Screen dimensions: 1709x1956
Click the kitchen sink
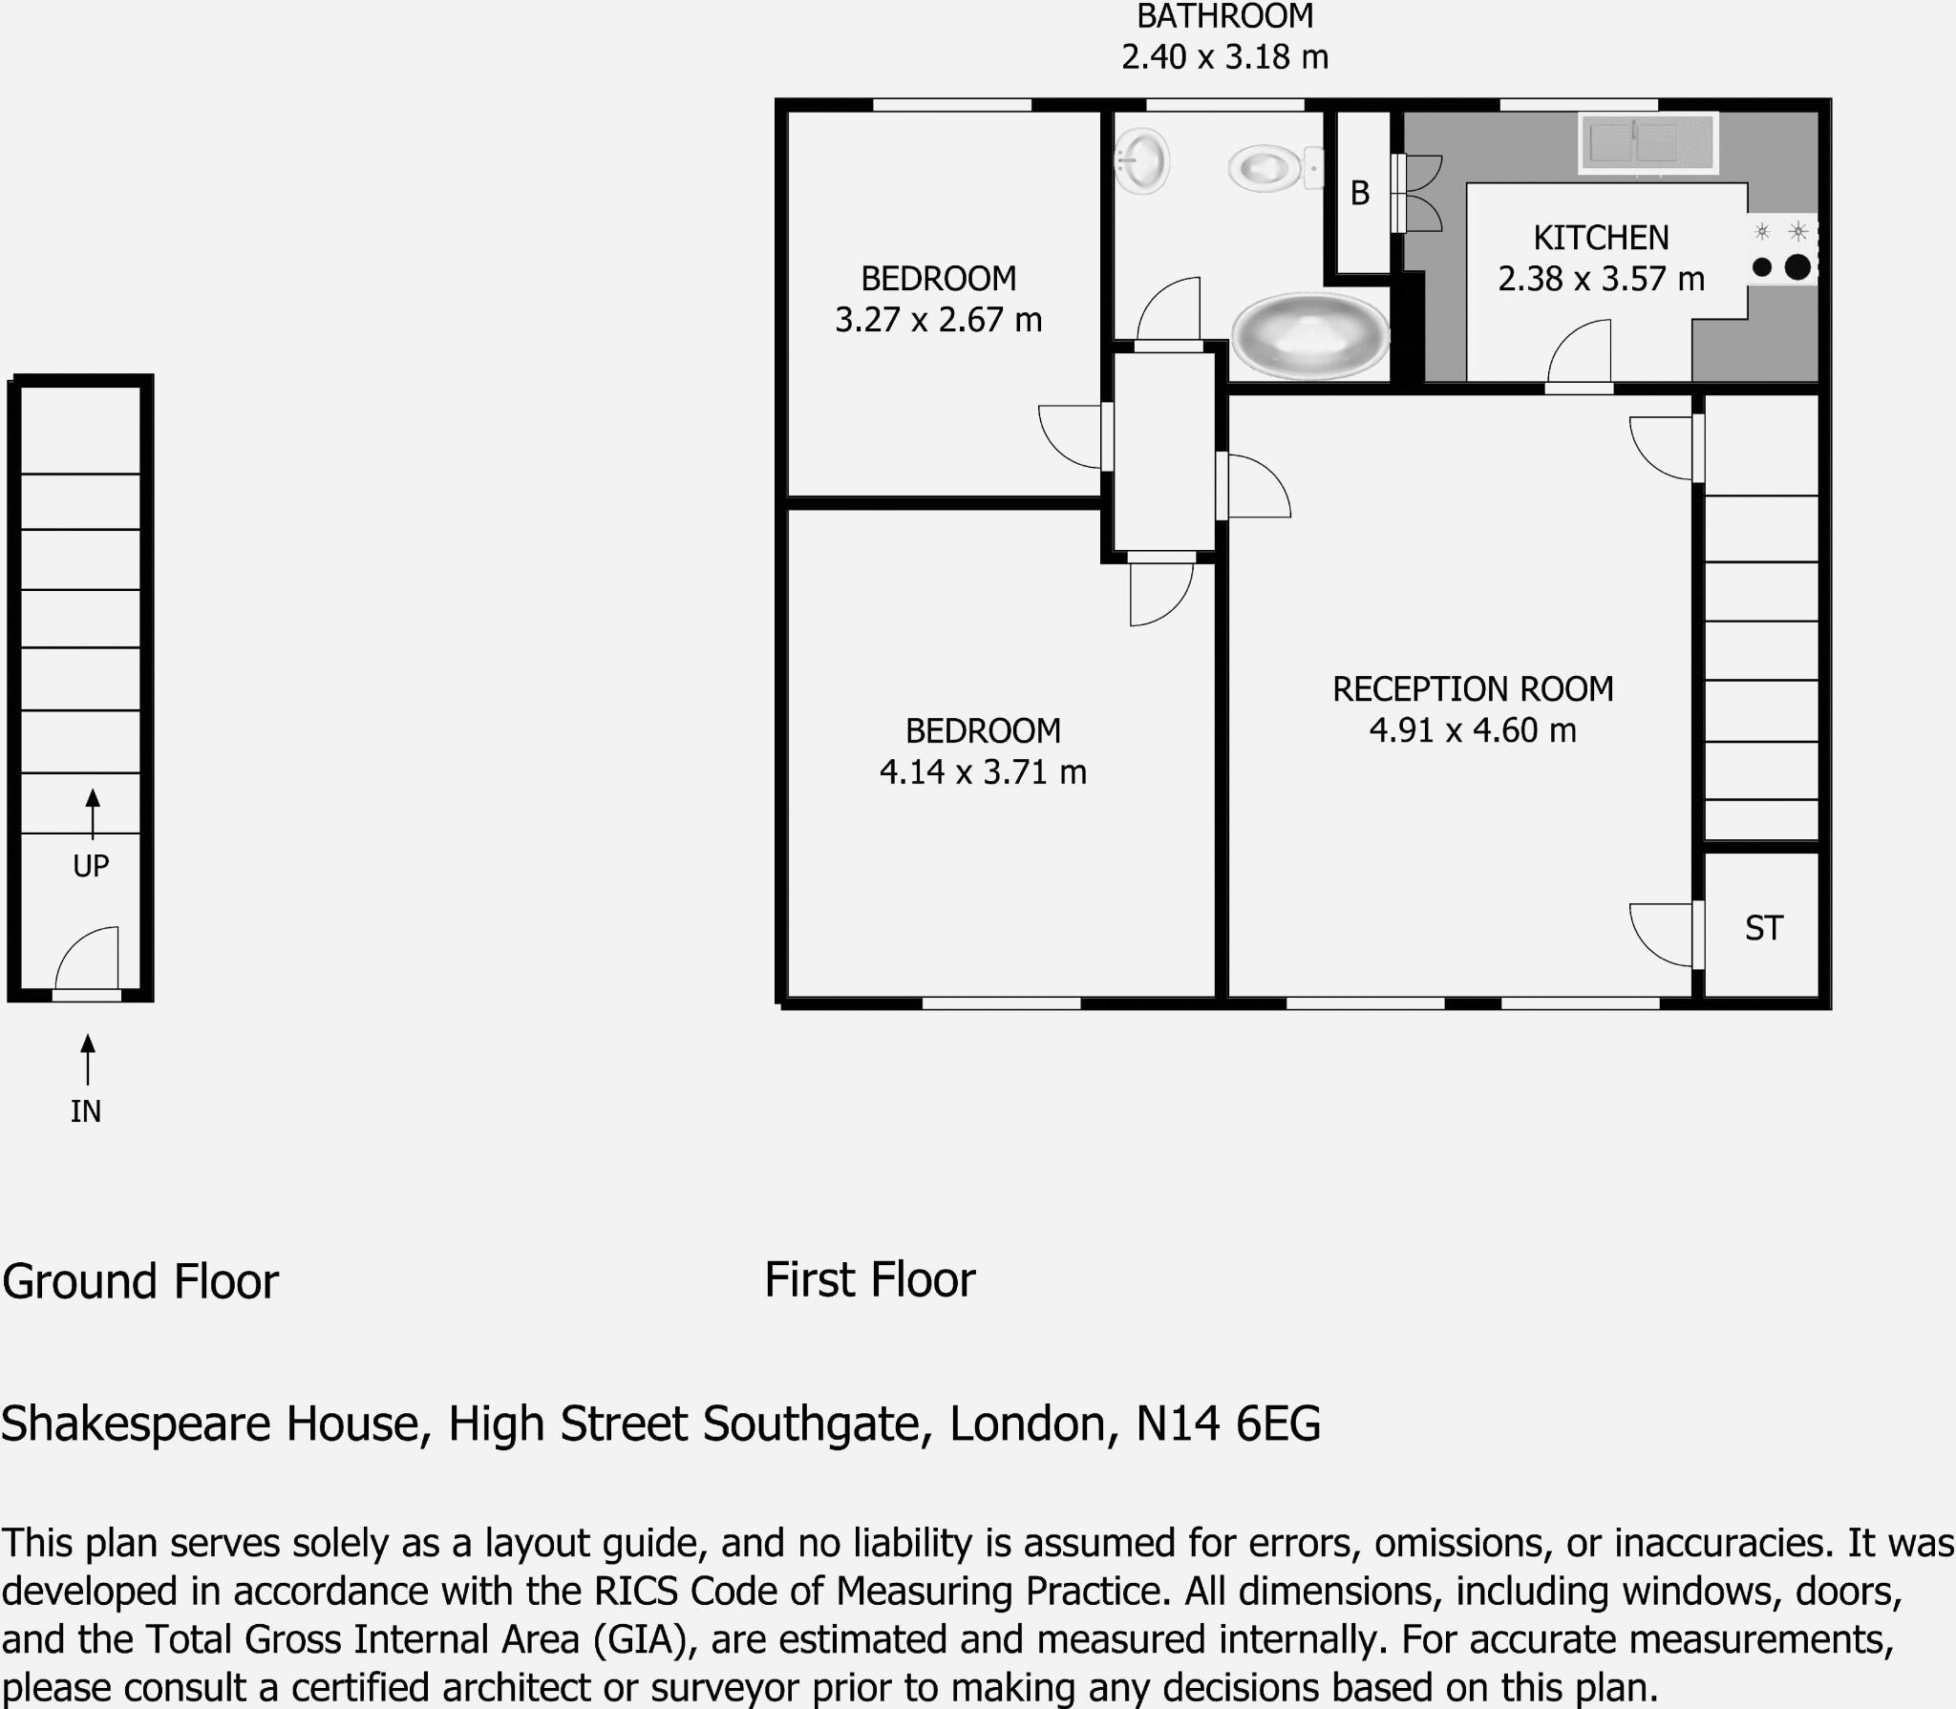(x=1648, y=143)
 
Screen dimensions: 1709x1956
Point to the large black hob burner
(x=1797, y=267)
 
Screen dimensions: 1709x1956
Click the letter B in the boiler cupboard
(x=1360, y=194)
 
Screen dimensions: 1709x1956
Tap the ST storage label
(x=1763, y=928)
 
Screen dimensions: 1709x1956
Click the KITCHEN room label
(x=1601, y=237)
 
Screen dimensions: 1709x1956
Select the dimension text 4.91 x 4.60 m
(x=1472, y=730)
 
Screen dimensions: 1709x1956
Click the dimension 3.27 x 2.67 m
(x=938, y=320)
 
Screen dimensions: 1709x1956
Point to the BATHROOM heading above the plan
(x=1224, y=16)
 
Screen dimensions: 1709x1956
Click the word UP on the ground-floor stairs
(x=91, y=866)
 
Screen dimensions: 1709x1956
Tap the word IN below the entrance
(x=86, y=1111)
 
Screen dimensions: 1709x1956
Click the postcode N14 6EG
(x=1227, y=1424)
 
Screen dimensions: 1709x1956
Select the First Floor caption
(x=869, y=1280)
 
